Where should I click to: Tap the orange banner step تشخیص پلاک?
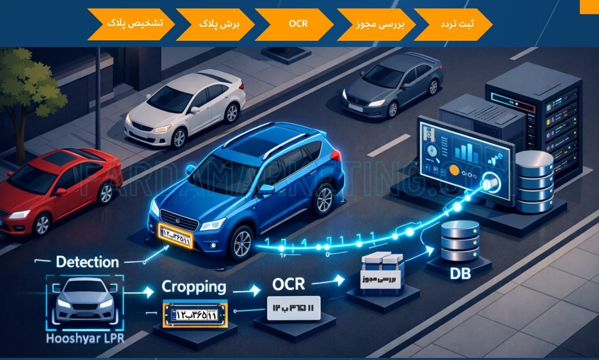click(132, 24)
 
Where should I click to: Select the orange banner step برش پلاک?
click(217, 24)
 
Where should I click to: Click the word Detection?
click(87, 262)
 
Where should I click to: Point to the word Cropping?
click(194, 287)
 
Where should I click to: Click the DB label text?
click(460, 273)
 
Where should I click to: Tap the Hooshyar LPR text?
click(85, 339)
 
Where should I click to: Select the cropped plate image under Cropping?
click(195, 315)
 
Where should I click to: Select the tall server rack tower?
click(537, 123)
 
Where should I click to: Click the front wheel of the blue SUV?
click(243, 243)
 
